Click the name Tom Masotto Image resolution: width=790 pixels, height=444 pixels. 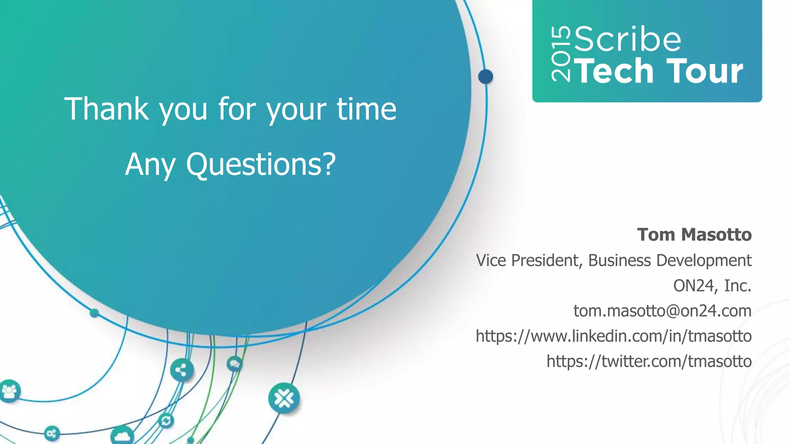694,235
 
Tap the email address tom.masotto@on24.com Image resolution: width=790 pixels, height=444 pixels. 662,311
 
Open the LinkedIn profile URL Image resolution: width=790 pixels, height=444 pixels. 613,336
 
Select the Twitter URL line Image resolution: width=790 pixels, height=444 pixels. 649,362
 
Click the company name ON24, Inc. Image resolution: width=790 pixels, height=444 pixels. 712,286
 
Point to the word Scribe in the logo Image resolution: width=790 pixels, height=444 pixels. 628,39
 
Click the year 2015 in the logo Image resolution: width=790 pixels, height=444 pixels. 561,54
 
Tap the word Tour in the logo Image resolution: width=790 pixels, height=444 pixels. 704,71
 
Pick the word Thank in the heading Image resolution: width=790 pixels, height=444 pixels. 106,109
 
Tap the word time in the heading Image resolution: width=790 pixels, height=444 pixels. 366,109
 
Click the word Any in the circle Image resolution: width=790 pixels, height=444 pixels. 150,165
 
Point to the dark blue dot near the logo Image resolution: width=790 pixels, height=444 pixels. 485,77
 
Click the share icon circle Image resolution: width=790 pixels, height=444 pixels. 182,370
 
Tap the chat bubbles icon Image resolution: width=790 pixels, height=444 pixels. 234,363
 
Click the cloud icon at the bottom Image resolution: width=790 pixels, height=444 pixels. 122,436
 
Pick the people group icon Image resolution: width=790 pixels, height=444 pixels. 9,391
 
